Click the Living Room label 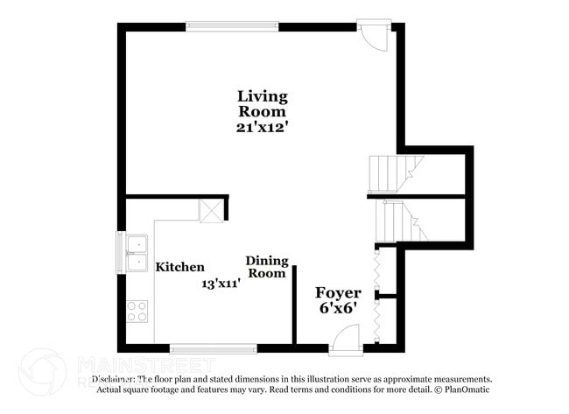point(263,103)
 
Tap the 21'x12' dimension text point(263,127)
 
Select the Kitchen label point(180,267)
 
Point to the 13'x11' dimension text point(221,284)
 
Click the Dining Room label point(266,267)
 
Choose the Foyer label point(338,293)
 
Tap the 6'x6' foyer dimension point(338,309)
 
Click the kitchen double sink point(137,252)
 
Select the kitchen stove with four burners point(137,311)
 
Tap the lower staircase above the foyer point(398,221)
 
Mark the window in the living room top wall point(232,26)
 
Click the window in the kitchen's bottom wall point(213,347)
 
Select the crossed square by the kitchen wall point(211,211)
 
